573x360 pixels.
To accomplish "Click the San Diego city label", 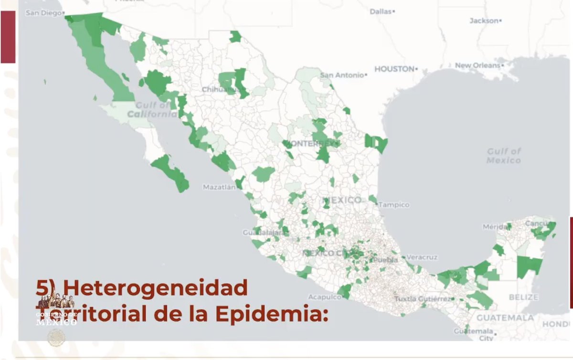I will pos(43,13).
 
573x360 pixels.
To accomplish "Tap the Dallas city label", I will pos(381,11).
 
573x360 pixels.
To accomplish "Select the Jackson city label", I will pos(484,21).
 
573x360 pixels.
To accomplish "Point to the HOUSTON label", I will pos(394,69).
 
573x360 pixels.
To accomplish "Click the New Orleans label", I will pos(477,65).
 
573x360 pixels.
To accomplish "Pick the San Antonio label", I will pos(342,75).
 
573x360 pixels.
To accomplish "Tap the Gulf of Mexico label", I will pos(504,156).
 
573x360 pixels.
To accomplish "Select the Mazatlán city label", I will pos(219,187).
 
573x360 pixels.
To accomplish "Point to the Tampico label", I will pos(394,205).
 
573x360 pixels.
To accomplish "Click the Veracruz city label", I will pos(422,257).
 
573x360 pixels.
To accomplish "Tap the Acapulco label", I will pos(324,296).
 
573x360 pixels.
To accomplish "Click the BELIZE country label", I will pos(523,297).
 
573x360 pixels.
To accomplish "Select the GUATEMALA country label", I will pos(505,318).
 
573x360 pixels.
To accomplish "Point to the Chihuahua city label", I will pos(220,89).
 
